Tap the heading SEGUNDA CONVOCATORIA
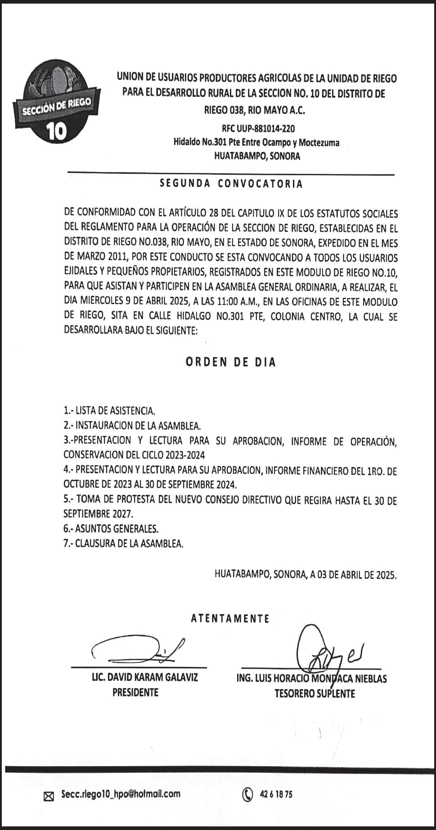(231, 184)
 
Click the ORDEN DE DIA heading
(231, 362)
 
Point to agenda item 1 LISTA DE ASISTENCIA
(109, 411)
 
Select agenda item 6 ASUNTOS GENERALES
(111, 528)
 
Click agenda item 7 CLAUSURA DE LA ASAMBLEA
(123, 544)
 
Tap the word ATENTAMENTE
(230, 618)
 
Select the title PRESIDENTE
(135, 692)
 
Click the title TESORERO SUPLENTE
(315, 694)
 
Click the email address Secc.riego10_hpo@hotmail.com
(121, 794)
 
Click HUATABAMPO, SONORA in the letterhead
(257, 157)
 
